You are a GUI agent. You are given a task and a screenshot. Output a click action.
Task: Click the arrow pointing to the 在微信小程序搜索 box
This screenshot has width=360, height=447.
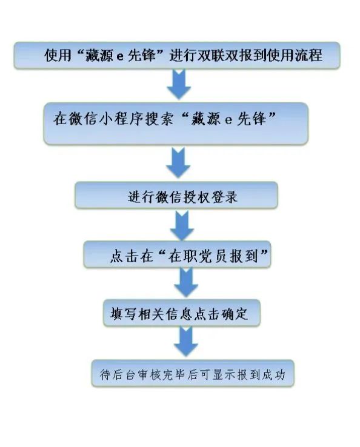pos(179,84)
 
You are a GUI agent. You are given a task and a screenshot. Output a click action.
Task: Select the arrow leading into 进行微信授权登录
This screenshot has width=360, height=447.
pos(178,162)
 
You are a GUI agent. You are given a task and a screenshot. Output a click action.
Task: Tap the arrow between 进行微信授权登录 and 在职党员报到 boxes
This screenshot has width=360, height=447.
pos(182,225)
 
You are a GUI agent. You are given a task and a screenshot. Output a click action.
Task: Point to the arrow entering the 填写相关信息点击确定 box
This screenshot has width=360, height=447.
pos(186,282)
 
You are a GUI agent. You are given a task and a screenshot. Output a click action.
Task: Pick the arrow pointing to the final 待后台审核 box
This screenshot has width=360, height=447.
pos(186,341)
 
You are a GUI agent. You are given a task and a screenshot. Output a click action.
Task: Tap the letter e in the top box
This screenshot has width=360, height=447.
pos(120,56)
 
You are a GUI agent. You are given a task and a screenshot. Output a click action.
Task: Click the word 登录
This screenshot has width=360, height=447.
pos(224,196)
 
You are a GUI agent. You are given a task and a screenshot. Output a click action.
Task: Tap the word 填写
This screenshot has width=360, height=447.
pos(123,314)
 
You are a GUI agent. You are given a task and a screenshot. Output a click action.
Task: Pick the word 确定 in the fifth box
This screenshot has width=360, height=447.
pos(235,314)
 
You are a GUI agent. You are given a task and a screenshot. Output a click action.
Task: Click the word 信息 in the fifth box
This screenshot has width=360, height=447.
pos(179,314)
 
